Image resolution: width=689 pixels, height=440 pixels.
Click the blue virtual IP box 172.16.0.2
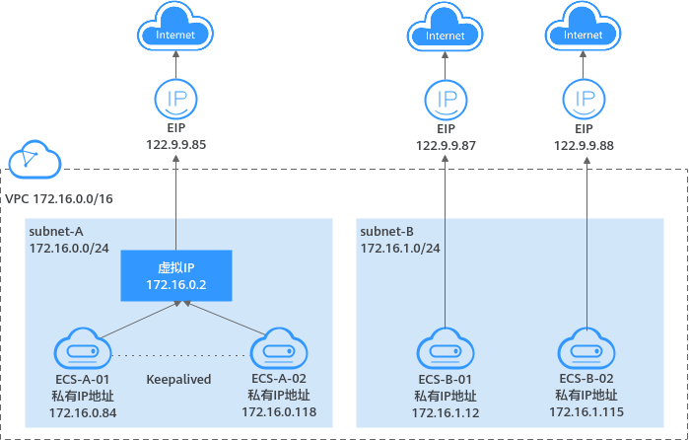[x=175, y=275]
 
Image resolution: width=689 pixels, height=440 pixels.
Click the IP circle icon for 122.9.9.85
[x=175, y=100]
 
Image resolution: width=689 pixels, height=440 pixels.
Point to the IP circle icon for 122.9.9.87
[x=445, y=100]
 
